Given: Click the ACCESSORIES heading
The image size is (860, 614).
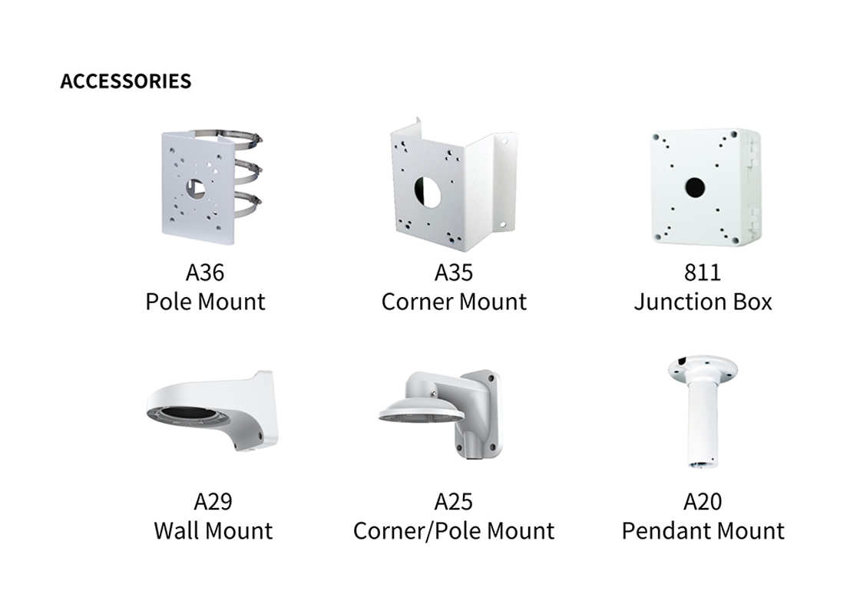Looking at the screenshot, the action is [126, 81].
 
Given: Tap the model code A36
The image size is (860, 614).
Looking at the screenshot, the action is [205, 272].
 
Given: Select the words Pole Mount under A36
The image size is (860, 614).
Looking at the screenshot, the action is [205, 302].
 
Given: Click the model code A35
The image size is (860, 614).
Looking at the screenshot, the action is [454, 272].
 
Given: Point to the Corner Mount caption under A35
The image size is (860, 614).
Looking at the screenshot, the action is [454, 302].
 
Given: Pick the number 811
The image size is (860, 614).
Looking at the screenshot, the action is [703, 272].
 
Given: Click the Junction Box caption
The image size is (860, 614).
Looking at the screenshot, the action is [703, 302].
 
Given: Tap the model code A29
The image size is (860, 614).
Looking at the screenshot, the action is [213, 502].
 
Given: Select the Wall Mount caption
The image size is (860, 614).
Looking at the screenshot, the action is [213, 530].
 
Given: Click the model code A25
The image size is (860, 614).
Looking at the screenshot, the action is [454, 502].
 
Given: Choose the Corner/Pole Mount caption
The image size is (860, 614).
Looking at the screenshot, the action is [454, 530].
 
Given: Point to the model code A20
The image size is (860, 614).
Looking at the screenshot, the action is [703, 502].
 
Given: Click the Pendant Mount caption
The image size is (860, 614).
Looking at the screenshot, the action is [703, 530].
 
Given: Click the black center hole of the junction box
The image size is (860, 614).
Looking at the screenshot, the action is [695, 187].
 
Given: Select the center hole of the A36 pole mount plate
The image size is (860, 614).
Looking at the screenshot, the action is [195, 189].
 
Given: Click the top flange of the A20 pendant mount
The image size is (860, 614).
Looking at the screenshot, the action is [703, 369].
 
